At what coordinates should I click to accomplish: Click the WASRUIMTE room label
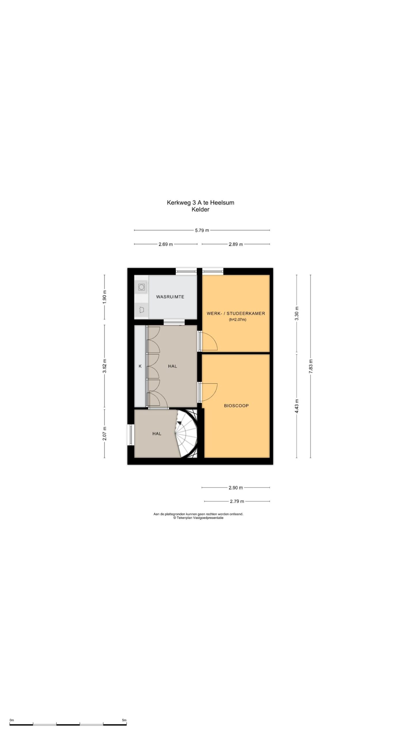click(x=170, y=297)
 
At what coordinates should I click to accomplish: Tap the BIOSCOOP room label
click(x=236, y=406)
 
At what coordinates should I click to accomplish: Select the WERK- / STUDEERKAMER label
click(x=236, y=313)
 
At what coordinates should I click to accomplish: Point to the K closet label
click(x=140, y=366)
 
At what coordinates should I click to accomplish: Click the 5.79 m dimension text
click(x=202, y=230)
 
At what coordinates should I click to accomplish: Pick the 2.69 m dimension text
click(x=166, y=244)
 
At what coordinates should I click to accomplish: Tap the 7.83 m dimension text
click(x=310, y=366)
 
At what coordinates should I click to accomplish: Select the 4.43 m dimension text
click(x=297, y=406)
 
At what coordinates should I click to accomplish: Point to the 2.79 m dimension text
click(x=237, y=501)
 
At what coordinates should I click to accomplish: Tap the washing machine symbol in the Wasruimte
click(x=142, y=287)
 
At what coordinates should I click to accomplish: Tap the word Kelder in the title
click(x=201, y=210)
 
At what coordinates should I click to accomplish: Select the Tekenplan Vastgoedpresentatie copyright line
click(x=198, y=518)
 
